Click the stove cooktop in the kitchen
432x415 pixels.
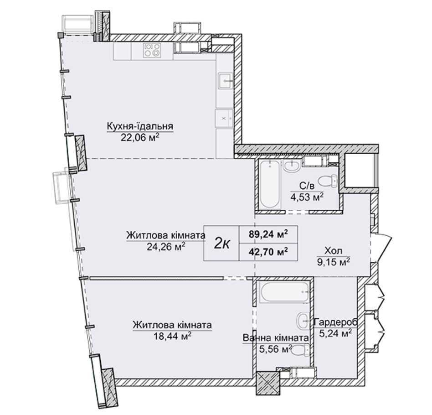coord(152,50)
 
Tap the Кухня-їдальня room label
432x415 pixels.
coord(140,126)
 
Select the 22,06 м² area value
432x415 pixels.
coord(140,137)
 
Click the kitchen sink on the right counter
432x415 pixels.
coord(226,81)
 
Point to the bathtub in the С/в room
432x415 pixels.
coord(270,185)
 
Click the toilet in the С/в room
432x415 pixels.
coord(328,182)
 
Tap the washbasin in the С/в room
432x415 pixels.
coord(292,167)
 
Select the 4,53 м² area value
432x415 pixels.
coord(307,197)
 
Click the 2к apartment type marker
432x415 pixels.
coord(222,243)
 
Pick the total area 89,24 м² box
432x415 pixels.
coord(268,234)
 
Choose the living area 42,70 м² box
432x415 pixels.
coord(268,252)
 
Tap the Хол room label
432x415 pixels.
coord(334,251)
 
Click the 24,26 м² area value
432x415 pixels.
coord(165,246)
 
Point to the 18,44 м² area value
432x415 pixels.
coord(172,336)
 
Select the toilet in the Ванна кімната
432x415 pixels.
coord(300,352)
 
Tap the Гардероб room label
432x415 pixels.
coord(336,322)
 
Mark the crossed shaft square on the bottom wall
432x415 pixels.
coord(267,383)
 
